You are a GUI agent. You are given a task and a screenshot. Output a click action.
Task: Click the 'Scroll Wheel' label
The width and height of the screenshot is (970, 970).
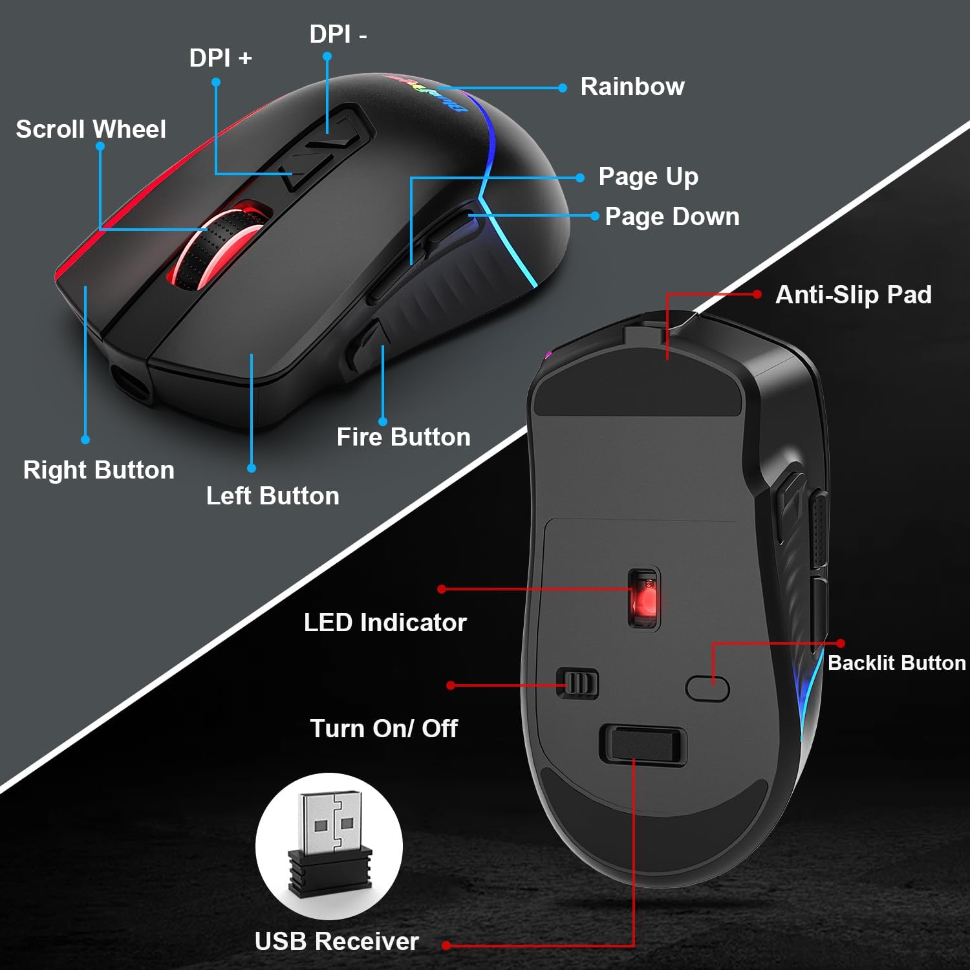[x=91, y=129]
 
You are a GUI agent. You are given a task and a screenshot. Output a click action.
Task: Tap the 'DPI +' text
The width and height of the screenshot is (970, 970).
[x=221, y=58]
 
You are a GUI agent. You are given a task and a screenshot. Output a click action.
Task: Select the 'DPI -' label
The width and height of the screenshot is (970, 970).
[x=338, y=34]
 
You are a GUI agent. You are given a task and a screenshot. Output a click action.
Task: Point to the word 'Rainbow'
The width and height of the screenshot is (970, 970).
[x=632, y=87]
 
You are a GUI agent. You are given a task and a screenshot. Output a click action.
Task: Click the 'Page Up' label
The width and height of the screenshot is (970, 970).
[x=649, y=177]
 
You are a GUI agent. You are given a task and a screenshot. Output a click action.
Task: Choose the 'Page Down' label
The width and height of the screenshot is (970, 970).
[x=673, y=217]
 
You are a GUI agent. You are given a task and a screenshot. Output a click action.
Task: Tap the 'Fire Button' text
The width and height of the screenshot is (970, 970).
[x=404, y=437]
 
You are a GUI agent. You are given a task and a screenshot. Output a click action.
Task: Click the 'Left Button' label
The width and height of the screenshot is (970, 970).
[x=273, y=496]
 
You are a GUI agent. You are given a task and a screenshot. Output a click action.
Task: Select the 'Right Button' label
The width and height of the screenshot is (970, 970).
[x=99, y=471]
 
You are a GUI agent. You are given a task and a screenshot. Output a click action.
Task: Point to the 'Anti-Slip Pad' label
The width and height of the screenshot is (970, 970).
[x=854, y=295]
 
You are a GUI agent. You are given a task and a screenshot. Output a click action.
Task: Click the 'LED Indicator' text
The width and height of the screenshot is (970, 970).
[x=385, y=623]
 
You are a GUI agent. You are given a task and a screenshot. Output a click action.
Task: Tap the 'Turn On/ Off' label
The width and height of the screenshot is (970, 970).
[x=384, y=729]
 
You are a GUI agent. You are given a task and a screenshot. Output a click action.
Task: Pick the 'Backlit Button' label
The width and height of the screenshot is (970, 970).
[x=897, y=663]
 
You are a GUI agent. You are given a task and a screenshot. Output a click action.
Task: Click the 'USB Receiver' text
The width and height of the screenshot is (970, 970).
[x=337, y=942]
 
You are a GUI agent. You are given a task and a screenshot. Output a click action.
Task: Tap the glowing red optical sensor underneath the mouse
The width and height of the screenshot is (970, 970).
[x=643, y=598]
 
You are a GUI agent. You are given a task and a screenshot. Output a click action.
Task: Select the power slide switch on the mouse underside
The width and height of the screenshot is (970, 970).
[x=577, y=683]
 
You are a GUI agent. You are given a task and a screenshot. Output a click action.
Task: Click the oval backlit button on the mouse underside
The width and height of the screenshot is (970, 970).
[x=707, y=689]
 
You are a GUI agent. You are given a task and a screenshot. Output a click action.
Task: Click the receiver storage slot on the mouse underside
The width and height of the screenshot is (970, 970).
[x=643, y=744]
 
